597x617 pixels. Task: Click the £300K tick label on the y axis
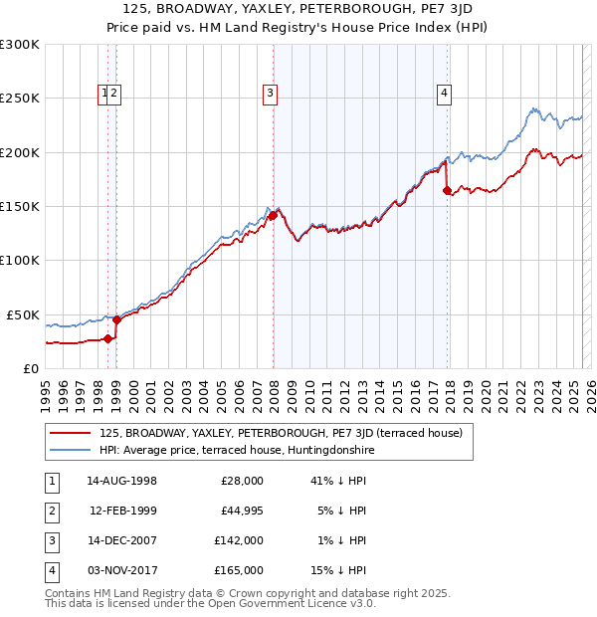coord(20,45)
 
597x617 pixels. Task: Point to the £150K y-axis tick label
coord(20,207)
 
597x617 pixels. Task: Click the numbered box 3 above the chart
coord(270,95)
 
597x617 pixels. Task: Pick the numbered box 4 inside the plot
coord(444,95)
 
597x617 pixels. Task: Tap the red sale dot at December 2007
coord(273,214)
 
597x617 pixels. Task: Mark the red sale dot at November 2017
coord(447,190)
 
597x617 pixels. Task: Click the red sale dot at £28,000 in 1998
coord(107,338)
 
